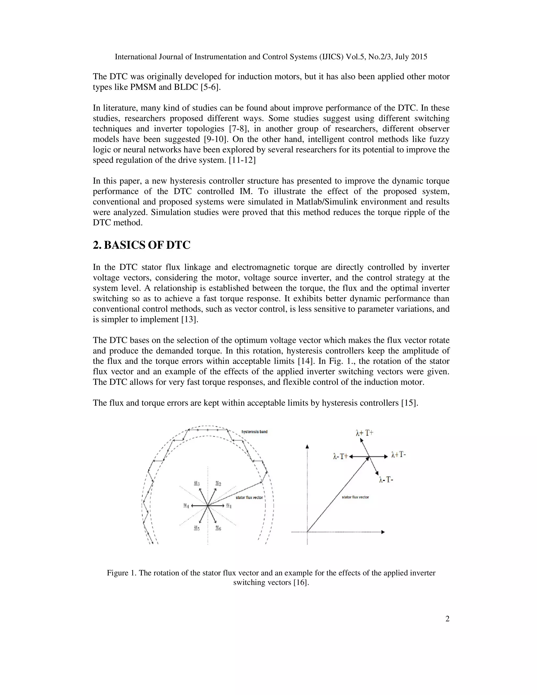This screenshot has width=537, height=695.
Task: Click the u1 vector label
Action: pos(229,505)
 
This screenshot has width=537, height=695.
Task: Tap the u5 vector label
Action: pos(197,528)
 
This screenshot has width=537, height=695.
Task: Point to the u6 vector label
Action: pos(218,528)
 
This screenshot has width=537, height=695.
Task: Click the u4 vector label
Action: pos(186,505)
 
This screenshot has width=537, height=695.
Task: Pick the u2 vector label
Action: pos(218,483)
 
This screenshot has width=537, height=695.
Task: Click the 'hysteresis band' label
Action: pos(255,432)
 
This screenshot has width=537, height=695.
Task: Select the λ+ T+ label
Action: pos(364,433)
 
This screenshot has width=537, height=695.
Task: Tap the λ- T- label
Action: pos(386,480)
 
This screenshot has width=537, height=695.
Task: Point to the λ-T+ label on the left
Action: pos(340,457)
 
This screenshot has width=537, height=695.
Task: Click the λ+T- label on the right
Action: pos(399,455)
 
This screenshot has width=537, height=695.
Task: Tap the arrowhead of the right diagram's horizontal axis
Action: pos(383,532)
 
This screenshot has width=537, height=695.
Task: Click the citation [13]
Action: pos(190,319)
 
